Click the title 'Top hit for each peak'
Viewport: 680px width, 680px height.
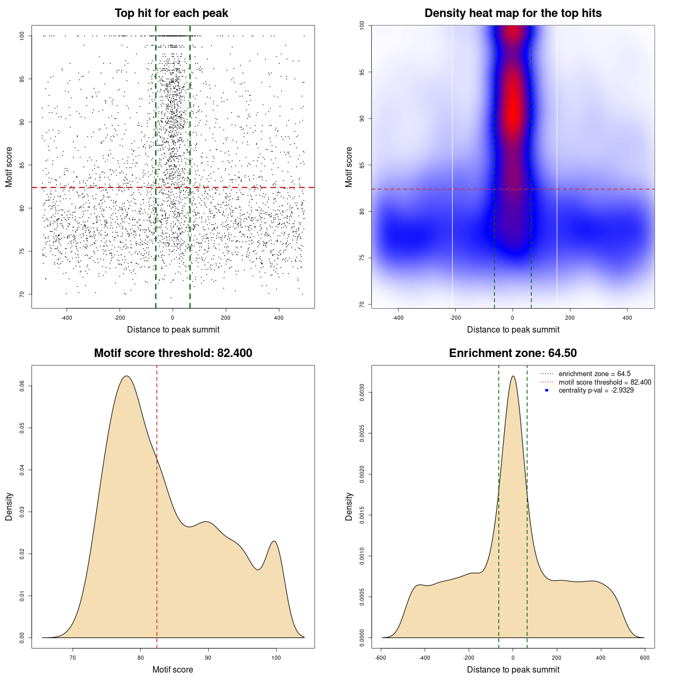(x=172, y=13)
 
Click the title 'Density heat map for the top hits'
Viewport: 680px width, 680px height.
(x=513, y=13)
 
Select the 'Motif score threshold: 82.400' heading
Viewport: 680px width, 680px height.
(x=173, y=353)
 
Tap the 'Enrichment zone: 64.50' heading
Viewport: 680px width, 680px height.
(x=513, y=353)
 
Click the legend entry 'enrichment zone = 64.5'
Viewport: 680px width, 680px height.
(x=594, y=374)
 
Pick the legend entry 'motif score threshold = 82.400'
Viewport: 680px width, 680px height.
(x=605, y=382)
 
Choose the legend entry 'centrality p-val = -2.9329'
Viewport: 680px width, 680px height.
(x=596, y=390)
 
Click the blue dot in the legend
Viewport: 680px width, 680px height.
(x=547, y=390)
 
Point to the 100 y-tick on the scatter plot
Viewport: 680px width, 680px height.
(x=22, y=36)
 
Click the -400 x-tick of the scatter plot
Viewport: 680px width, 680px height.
(x=66, y=318)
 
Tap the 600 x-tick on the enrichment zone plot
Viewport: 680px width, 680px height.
(x=645, y=658)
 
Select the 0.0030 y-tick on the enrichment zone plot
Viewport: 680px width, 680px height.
(x=362, y=393)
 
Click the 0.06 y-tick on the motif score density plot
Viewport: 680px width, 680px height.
(x=22, y=387)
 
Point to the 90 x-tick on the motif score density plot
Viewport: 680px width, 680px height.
(x=208, y=658)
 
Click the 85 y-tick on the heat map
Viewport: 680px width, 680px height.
(x=362, y=165)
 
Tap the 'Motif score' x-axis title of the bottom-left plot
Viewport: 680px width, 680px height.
(x=173, y=669)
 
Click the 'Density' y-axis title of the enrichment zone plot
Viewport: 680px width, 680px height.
(x=349, y=506)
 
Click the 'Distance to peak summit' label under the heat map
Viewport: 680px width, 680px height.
(x=513, y=329)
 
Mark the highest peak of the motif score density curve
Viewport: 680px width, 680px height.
(x=126, y=376)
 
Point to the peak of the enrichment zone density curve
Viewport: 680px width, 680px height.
(x=513, y=376)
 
